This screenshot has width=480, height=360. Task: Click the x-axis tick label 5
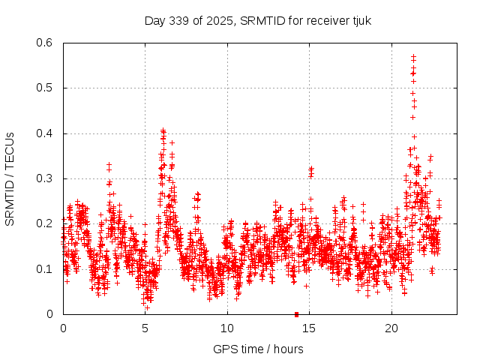tap(145, 328)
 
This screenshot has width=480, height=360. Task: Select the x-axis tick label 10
tap(227, 328)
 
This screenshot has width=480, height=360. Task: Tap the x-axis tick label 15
tap(310, 328)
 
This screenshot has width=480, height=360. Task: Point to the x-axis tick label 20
tap(391, 328)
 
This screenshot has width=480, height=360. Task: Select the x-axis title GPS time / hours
tap(258, 349)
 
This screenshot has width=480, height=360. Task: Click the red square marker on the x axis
tap(296, 314)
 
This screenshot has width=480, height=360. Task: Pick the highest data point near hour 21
tap(413, 56)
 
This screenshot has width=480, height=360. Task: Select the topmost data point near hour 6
tap(163, 130)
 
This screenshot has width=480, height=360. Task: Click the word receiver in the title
tap(324, 21)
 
